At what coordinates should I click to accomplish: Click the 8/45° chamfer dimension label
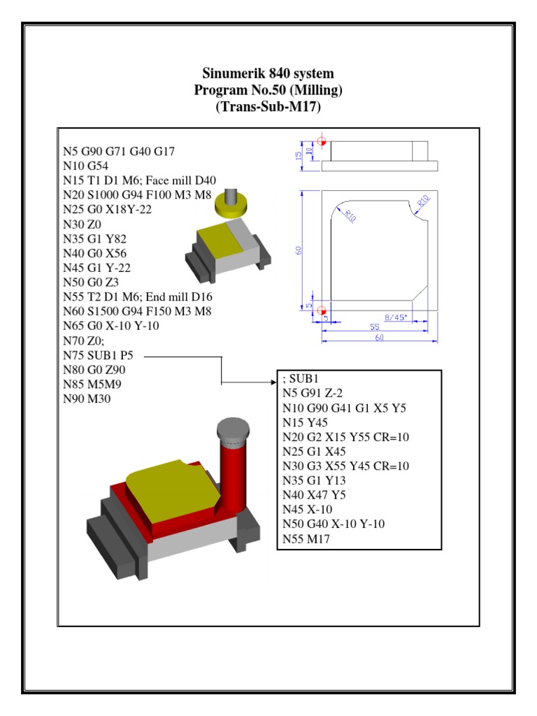pos(397,315)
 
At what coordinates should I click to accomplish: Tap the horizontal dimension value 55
pos(375,327)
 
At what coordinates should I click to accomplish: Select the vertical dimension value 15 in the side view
pos(299,153)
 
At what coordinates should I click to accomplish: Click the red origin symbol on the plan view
pos(322,310)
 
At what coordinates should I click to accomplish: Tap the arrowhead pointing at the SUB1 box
pos(275,383)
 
